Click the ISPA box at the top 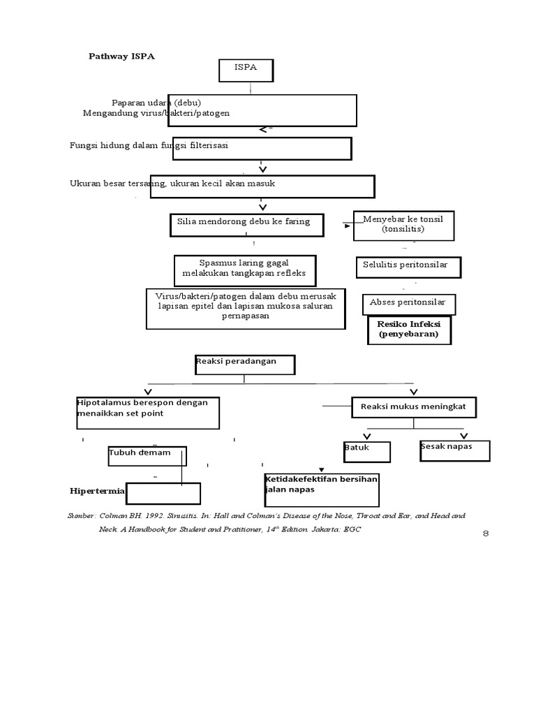246,71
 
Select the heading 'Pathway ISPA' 121,57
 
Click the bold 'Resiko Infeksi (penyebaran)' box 409,330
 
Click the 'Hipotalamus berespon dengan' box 148,412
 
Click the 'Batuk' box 366,451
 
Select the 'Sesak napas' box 454,450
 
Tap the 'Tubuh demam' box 147,456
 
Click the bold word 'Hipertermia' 97,491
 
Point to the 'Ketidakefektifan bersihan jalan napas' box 321,489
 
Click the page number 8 486,534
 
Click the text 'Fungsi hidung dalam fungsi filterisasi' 149,145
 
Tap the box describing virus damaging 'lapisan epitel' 246,307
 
